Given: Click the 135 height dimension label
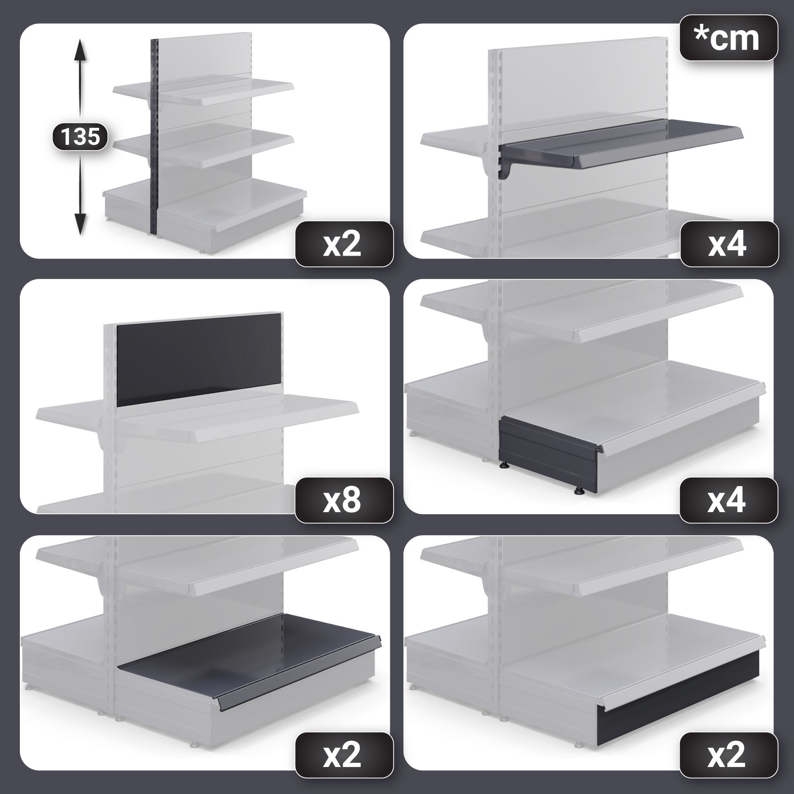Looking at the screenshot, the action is click(x=80, y=136).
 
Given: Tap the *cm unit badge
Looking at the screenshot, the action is click(x=728, y=38).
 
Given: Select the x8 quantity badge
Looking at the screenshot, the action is click(x=344, y=500).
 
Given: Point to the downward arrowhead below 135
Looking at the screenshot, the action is click(x=80, y=224).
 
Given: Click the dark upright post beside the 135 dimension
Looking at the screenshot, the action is click(x=154, y=137).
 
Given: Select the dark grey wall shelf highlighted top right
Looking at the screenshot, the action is click(x=621, y=144).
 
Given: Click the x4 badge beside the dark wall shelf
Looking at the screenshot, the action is click(x=728, y=244).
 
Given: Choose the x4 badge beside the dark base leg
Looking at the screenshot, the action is click(x=728, y=500).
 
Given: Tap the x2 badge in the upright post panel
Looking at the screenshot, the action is click(x=344, y=244).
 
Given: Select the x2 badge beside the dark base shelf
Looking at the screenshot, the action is click(x=344, y=755).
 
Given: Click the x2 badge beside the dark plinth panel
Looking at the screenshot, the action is click(x=728, y=755).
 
